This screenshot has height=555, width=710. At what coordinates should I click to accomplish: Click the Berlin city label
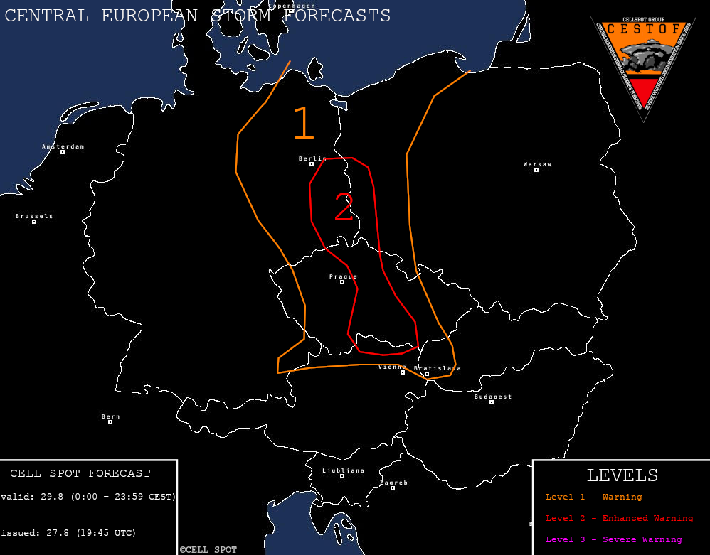click(x=312, y=159)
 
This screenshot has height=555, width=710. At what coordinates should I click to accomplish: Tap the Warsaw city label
click(x=537, y=165)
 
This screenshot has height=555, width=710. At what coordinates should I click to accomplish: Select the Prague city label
click(x=343, y=277)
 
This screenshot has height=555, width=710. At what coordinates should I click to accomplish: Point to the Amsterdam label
click(x=63, y=147)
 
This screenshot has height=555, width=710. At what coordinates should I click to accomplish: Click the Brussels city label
click(x=34, y=216)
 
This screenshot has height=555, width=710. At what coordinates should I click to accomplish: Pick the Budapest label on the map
click(x=493, y=397)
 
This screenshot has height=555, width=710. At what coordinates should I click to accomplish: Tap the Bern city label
click(x=110, y=417)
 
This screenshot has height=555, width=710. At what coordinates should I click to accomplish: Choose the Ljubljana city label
click(x=343, y=470)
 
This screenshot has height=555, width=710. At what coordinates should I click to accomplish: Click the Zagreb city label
click(x=393, y=483)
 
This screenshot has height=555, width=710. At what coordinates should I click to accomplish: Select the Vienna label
click(x=392, y=367)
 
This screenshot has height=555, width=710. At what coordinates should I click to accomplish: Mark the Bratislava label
click(x=438, y=368)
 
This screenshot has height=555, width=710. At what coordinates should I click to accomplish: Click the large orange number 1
click(x=304, y=124)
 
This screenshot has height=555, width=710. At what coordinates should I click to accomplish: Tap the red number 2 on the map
click(x=344, y=207)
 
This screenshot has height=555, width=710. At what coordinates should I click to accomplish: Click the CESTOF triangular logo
click(x=643, y=60)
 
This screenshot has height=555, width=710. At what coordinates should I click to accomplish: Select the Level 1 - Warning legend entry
click(x=593, y=497)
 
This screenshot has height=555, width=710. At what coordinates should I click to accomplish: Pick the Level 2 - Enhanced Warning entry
click(x=619, y=518)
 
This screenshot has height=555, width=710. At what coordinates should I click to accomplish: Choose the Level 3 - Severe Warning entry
click(x=613, y=539)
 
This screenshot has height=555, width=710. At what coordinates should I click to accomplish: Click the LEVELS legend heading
click(x=622, y=475)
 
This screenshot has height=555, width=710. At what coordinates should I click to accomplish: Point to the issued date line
click(x=68, y=532)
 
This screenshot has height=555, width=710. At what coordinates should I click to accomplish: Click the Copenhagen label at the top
click(x=292, y=6)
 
